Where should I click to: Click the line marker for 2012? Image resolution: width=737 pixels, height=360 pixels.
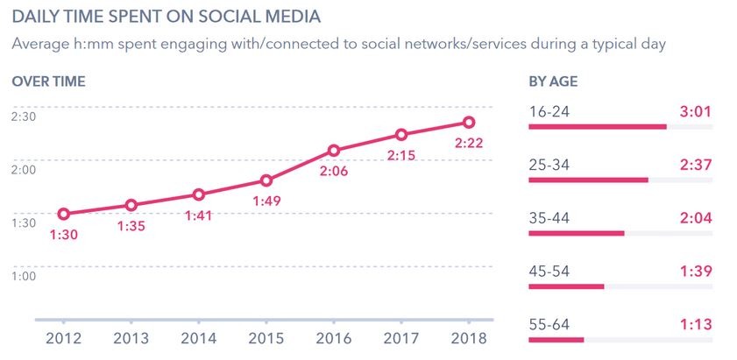point(64,214)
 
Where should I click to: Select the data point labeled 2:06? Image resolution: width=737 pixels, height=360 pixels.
point(334,151)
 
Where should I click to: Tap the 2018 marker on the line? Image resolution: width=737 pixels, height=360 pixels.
point(469,123)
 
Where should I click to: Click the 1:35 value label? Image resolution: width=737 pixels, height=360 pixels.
point(131,226)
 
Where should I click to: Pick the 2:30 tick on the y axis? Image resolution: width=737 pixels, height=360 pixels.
point(24,116)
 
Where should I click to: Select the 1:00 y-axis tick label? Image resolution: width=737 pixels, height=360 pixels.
point(24,275)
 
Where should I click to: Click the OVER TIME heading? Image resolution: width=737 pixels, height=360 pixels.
point(48,81)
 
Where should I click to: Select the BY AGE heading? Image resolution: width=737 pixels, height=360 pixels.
point(553,81)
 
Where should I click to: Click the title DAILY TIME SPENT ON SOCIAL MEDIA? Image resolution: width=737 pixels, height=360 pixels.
point(166,17)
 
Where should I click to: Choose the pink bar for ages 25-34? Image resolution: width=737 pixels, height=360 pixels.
point(588,180)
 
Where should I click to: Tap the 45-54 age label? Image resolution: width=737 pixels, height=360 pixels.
point(549,271)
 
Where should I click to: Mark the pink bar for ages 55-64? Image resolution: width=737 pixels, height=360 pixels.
point(556,340)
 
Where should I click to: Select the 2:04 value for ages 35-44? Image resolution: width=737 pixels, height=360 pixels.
point(695,217)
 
